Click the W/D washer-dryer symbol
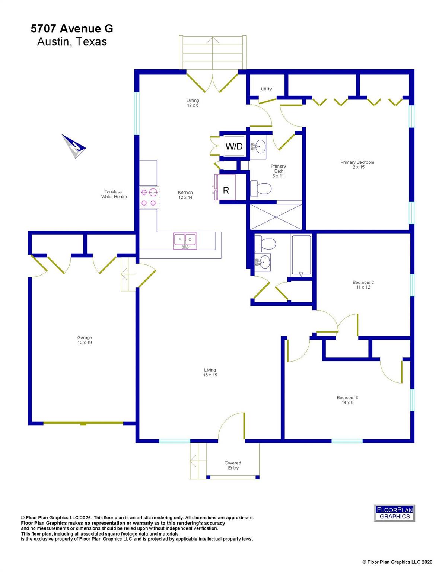[234, 146]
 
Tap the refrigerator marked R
[226, 190]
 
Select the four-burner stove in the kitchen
[148, 197]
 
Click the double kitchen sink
[185, 241]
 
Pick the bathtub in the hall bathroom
[301, 256]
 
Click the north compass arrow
[74, 146]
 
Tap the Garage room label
[85, 338]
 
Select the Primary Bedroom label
[357, 162]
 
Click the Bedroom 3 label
[347, 398]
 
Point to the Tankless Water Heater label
[114, 194]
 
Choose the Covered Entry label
[233, 465]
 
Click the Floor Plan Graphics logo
[394, 513]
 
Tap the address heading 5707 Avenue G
[72, 29]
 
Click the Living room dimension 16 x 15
[210, 375]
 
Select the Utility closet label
[266, 89]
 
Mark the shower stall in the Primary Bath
[276, 217]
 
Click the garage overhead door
[83, 423]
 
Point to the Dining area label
[193, 100]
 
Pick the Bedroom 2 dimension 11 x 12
[363, 287]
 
